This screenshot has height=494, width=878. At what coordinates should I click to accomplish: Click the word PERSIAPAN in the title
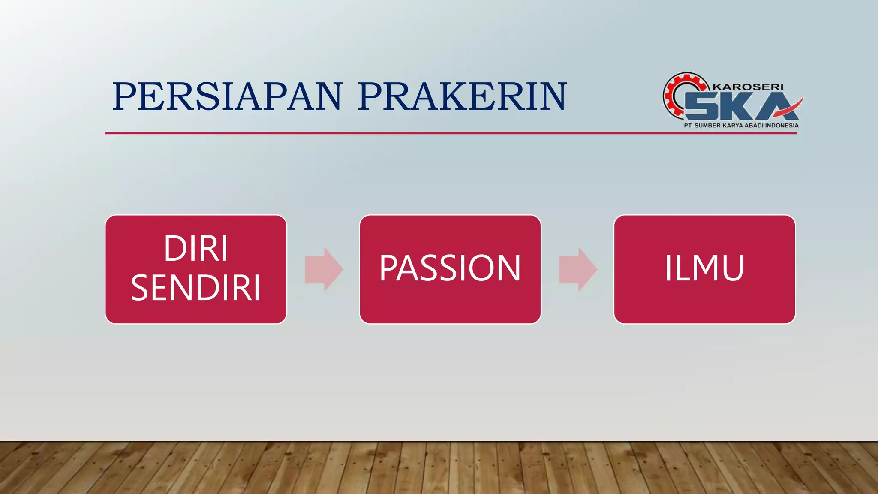(x=227, y=96)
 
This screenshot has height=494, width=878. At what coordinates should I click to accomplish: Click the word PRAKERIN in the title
(x=462, y=96)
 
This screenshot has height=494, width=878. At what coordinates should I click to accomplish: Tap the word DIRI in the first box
(x=196, y=248)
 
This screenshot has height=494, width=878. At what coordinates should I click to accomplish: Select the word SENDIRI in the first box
(x=196, y=288)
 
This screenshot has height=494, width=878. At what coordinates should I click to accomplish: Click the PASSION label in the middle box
(x=450, y=268)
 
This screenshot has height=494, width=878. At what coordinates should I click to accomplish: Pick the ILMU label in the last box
(x=704, y=268)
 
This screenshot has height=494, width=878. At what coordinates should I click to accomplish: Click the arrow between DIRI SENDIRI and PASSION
(x=324, y=269)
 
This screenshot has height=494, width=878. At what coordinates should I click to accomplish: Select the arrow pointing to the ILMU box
(x=578, y=269)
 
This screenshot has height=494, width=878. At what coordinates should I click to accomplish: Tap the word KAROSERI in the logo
(x=748, y=87)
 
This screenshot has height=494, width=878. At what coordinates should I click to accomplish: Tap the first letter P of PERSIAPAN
(x=126, y=96)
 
